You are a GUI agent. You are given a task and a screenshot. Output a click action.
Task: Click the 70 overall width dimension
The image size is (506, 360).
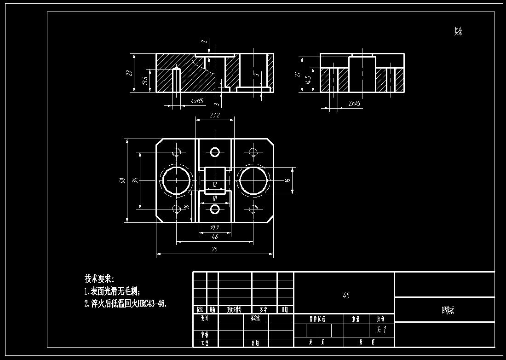point(215,249)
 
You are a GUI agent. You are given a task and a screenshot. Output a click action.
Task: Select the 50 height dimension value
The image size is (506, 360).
point(122,180)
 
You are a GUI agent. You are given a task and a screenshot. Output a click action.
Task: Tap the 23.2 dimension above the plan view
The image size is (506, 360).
point(215,116)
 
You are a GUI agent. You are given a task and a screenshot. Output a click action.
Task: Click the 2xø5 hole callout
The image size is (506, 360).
point(354,104)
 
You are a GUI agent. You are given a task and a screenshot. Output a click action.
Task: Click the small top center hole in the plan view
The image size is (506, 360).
point(215,152)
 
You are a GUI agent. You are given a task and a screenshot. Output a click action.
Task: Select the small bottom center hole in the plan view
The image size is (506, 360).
point(215,209)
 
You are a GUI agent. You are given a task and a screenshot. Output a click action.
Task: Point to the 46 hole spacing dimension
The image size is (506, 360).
point(215,237)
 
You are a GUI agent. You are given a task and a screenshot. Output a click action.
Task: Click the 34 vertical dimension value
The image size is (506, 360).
point(135,180)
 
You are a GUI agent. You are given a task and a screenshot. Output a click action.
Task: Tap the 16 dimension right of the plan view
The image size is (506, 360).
point(287,180)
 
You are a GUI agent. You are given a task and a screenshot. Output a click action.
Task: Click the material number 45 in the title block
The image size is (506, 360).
point(346,295)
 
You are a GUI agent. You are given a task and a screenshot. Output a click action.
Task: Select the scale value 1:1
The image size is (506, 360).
point(381,330)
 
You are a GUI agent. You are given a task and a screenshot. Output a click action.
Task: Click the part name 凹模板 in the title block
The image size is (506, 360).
point(445,310)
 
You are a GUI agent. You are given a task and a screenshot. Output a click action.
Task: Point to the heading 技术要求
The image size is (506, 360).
point(99,279)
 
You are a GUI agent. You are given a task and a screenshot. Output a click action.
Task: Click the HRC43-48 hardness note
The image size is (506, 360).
point(149,304)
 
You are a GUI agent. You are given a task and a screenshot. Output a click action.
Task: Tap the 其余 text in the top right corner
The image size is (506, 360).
point(458,31)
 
